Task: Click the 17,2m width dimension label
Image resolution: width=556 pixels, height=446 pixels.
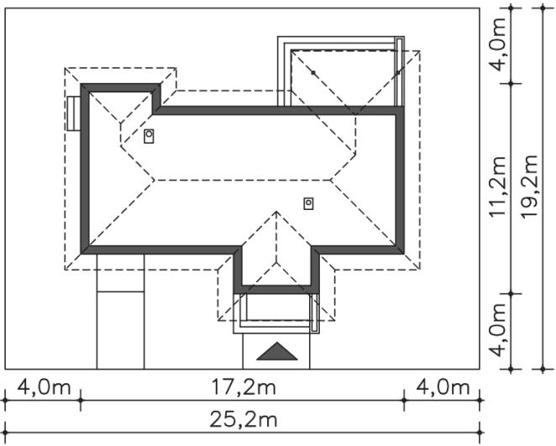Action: [244, 387]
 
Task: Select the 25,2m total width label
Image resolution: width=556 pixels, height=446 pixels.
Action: [244, 420]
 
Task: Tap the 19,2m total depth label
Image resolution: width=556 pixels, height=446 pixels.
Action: [530, 186]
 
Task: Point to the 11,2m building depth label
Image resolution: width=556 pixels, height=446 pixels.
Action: [497, 186]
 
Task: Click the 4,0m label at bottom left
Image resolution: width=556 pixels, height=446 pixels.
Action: [44, 387]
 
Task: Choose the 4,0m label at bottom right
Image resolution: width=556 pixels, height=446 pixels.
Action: [443, 387]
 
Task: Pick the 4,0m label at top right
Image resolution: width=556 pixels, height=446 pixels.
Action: [497, 45]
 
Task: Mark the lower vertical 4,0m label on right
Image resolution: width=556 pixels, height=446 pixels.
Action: [497, 330]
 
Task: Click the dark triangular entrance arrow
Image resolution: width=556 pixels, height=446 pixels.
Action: [277, 351]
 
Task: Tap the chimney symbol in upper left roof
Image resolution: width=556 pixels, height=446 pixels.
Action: [149, 136]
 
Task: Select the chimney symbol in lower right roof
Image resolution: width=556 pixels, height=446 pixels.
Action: [308, 203]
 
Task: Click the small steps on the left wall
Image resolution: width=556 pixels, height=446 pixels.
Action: [74, 113]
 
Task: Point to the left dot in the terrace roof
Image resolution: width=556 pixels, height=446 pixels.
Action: [313, 73]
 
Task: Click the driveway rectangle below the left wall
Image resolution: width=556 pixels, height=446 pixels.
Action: [121, 312]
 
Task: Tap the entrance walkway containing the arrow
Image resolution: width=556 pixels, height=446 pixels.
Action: [276, 351]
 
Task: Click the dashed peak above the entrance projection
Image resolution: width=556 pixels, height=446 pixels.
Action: [276, 212]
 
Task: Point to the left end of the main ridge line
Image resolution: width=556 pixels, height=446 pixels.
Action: [155, 180]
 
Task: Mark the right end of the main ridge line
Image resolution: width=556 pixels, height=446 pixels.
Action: [330, 180]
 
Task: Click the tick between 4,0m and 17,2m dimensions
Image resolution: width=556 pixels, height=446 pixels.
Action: [81, 401]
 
